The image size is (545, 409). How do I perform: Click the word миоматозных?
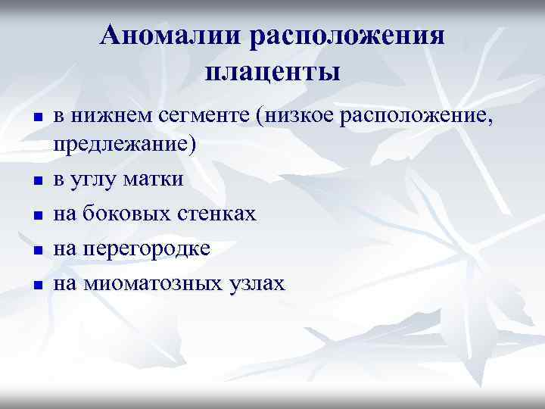152,283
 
